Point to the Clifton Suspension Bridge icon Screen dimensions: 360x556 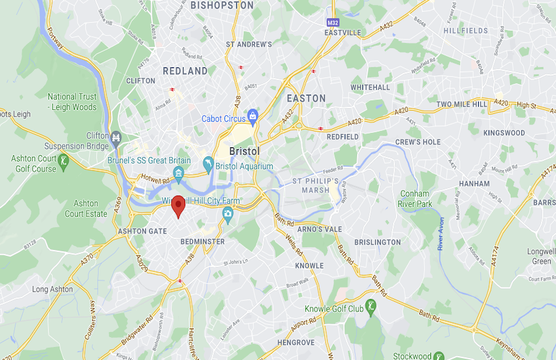(116, 138)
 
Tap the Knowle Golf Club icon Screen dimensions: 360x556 (372, 306)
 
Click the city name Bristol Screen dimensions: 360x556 (245, 151)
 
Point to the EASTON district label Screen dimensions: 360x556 (306, 98)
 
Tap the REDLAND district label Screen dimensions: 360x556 (185, 71)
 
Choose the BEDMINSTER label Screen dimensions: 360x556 (202, 242)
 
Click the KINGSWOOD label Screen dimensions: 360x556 (504, 133)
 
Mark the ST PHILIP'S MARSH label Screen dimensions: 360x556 (315, 185)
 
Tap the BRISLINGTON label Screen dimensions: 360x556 (377, 242)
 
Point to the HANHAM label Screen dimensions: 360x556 (474, 184)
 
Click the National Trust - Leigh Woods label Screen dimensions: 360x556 (72, 102)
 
